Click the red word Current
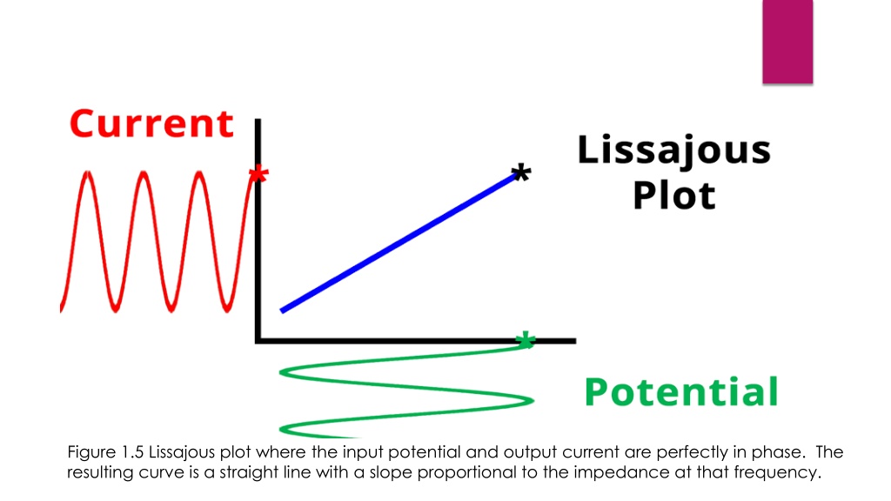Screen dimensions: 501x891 tap(151, 124)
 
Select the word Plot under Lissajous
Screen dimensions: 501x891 tap(674, 195)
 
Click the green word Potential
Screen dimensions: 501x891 tap(680, 392)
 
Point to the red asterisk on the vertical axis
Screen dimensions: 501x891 tap(258, 177)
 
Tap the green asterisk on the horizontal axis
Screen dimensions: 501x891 tap(524, 340)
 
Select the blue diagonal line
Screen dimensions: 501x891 tap(400, 241)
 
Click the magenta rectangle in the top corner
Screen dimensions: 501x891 tap(787, 41)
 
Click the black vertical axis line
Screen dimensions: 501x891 tap(258, 261)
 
